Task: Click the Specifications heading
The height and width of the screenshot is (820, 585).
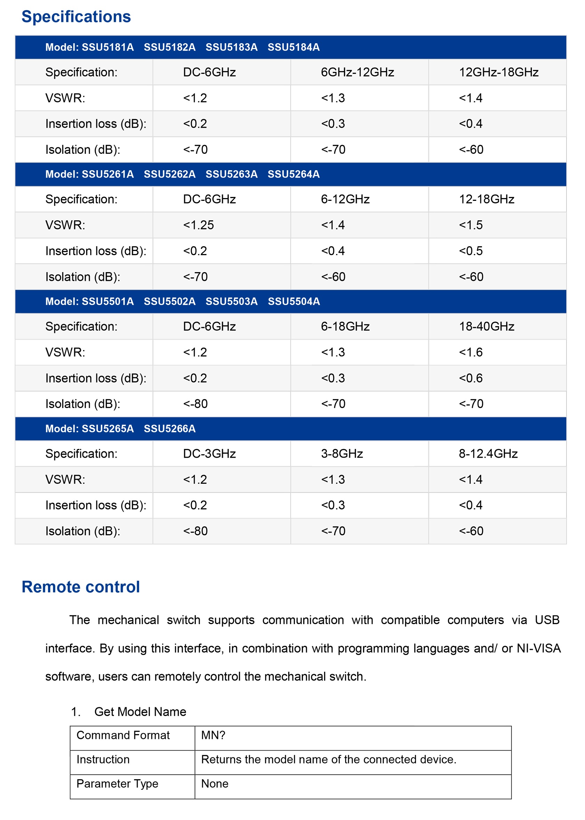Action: point(76,17)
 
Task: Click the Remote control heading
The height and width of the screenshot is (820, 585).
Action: point(81,587)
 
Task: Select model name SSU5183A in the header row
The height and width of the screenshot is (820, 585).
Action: point(232,47)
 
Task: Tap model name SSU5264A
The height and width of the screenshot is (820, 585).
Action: point(294,174)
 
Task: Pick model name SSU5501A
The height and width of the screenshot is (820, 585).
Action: point(108,301)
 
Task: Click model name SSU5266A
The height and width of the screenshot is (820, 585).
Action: point(170,428)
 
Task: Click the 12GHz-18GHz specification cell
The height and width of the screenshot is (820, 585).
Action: point(498,72)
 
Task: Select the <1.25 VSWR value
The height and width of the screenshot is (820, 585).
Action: point(199,225)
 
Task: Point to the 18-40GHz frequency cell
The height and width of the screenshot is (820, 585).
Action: point(486,326)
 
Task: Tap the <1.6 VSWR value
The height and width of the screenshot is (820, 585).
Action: point(471,352)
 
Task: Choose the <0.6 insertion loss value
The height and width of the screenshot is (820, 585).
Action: point(471,378)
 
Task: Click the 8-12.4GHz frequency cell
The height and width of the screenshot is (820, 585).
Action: point(488,454)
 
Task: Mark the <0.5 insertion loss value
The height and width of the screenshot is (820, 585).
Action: point(471,251)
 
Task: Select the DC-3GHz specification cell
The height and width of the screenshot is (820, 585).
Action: point(209,454)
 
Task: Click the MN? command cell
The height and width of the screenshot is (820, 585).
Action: point(213,735)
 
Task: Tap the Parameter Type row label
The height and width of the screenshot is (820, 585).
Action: point(118,783)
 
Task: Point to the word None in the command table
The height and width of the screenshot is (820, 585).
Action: point(215,783)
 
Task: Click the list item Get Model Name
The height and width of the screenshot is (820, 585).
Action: point(140,712)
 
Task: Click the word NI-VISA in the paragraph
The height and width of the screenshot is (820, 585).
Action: point(538,648)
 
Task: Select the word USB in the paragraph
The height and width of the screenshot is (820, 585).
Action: point(547,620)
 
